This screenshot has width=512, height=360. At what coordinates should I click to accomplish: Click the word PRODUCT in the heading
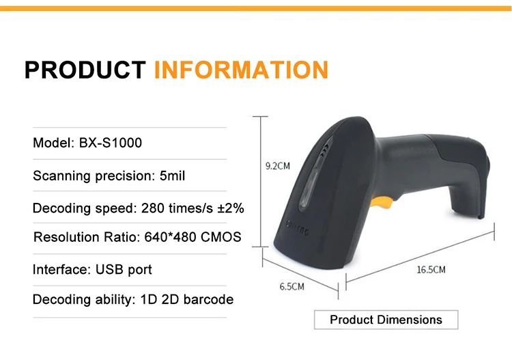click(x=85, y=70)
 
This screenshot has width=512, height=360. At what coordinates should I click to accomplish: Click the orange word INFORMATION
click(x=241, y=70)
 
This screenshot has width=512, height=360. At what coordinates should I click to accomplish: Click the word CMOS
click(x=218, y=238)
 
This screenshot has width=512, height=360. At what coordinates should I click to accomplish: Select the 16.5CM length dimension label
click(x=431, y=270)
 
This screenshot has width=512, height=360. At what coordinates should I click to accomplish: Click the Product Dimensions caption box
click(x=386, y=320)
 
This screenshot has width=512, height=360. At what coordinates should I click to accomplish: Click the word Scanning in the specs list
click(x=61, y=176)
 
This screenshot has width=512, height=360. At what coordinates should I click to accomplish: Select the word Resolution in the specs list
click(x=65, y=238)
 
